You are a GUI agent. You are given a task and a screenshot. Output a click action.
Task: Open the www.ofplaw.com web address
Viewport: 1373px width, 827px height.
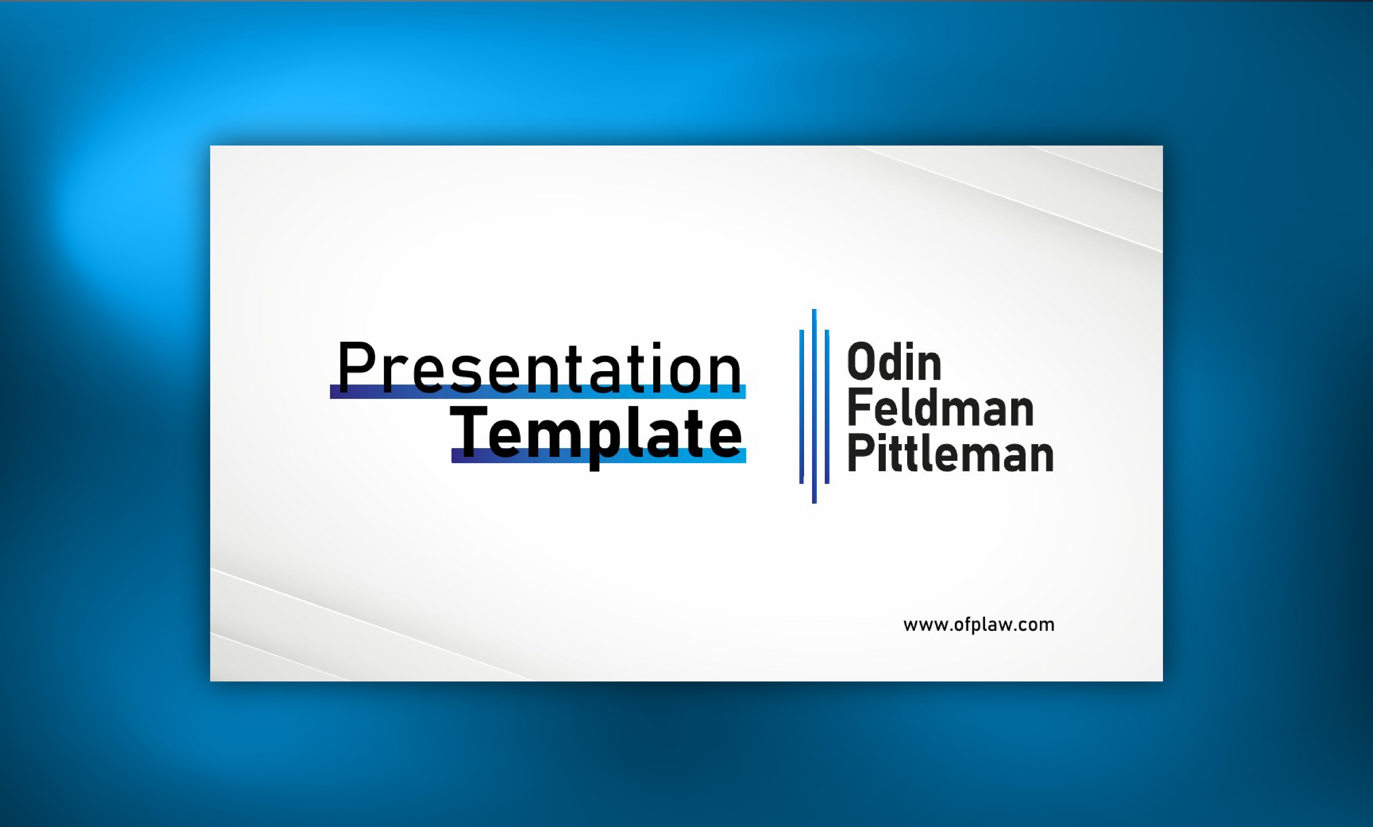[x=979, y=625]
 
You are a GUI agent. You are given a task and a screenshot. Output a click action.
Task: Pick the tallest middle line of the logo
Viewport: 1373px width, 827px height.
[x=814, y=406]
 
